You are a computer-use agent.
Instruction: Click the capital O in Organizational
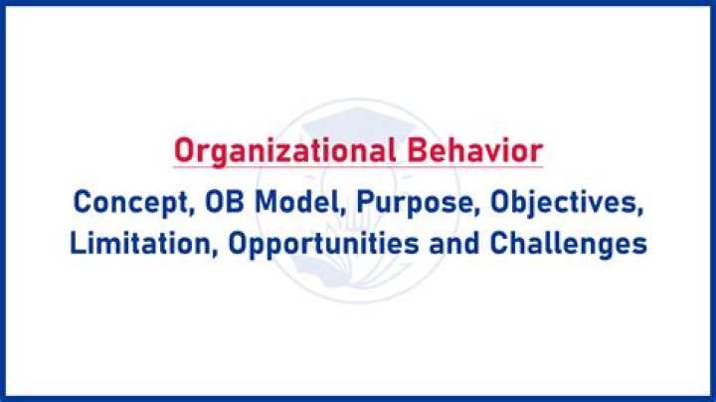click(182, 151)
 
